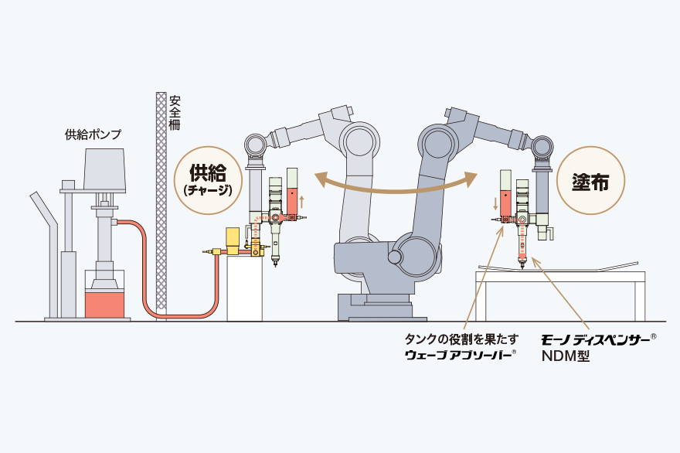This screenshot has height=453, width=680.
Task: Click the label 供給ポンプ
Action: (93, 135)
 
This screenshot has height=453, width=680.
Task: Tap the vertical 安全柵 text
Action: (175, 112)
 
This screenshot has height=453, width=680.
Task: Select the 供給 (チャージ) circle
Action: (208, 180)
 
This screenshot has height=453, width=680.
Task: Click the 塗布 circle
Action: (590, 181)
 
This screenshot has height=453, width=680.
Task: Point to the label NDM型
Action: (566, 356)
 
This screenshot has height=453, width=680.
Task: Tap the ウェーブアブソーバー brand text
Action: (460, 354)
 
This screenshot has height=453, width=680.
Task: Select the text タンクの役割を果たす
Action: (461, 339)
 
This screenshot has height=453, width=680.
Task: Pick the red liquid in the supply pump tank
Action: (104, 305)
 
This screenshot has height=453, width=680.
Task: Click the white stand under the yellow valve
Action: (245, 288)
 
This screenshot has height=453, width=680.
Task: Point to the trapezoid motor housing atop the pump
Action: (104, 171)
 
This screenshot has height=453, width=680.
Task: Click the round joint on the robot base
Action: (395, 257)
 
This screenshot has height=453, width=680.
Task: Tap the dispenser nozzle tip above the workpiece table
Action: (522, 265)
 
